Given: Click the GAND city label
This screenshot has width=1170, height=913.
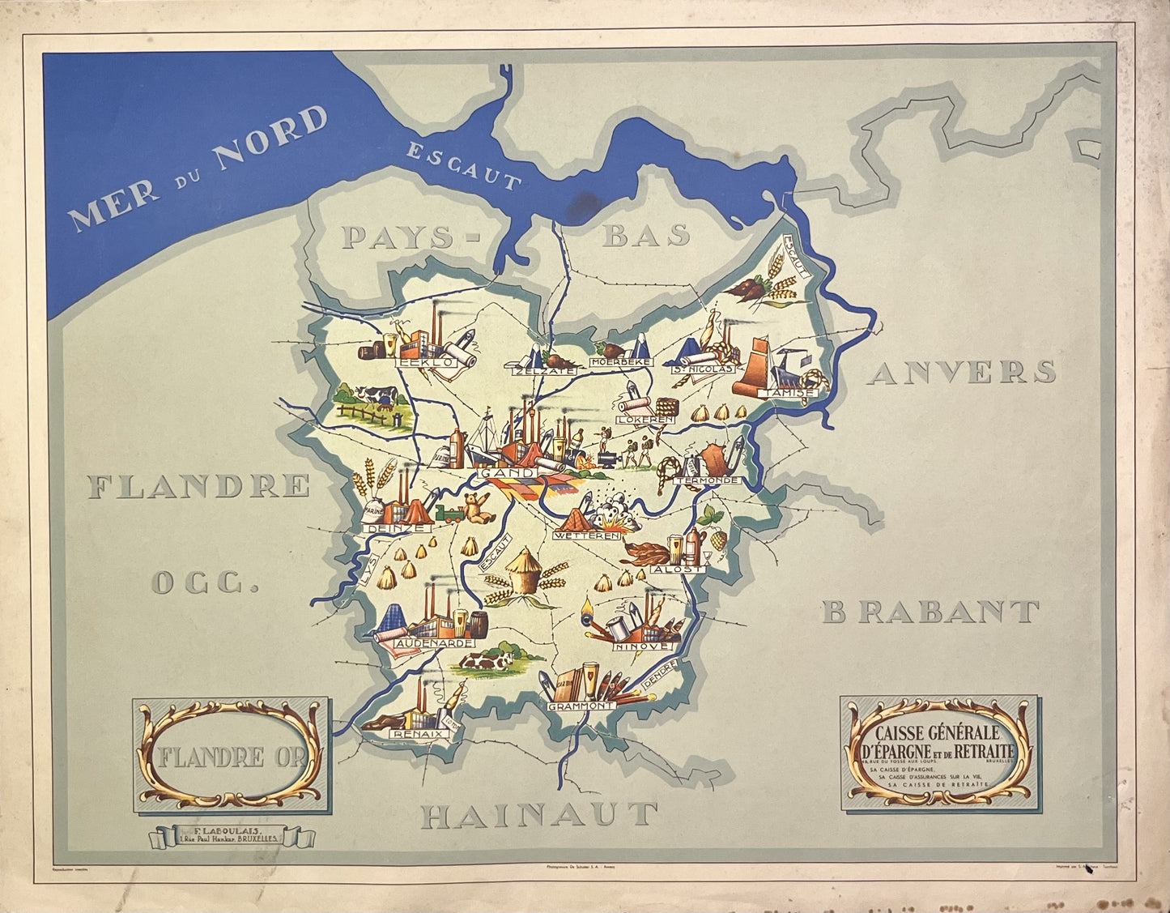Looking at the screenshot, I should [x=507, y=472].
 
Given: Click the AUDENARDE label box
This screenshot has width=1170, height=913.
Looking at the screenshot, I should [x=435, y=642].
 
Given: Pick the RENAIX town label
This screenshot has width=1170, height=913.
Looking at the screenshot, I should [x=419, y=733].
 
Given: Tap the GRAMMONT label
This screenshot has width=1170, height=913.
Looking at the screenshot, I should [x=581, y=706].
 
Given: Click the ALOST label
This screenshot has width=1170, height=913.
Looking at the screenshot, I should [x=678, y=569].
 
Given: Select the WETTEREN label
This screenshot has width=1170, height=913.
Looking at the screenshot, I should [x=588, y=535].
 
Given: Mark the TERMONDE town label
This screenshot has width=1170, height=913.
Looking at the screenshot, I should [x=706, y=480].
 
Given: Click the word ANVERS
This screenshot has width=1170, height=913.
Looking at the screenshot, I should [x=961, y=372].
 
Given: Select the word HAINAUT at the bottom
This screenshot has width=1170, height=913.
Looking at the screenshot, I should [x=538, y=815].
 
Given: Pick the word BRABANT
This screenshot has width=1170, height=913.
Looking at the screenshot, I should [x=931, y=612].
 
